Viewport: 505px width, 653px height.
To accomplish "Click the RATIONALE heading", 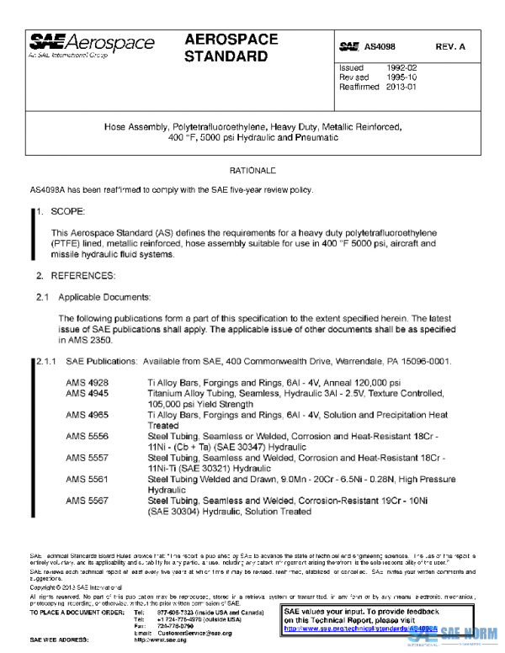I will (x=252, y=171).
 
